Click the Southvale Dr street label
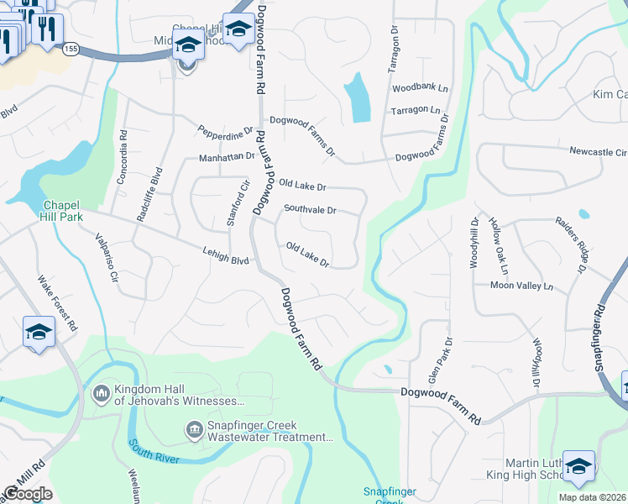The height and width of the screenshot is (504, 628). pyautogui.click(x=310, y=210)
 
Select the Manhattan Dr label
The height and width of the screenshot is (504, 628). pyautogui.click(x=227, y=156)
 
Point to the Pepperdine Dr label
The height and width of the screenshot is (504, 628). pyautogui.click(x=225, y=132)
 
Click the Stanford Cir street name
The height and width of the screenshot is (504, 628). pyautogui.click(x=238, y=202)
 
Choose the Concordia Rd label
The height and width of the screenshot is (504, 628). pyautogui.click(x=123, y=157)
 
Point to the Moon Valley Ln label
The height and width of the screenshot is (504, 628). pyautogui.click(x=522, y=286)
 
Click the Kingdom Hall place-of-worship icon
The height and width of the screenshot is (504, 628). pyautogui.click(x=102, y=392)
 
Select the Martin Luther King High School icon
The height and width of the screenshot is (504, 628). pyautogui.click(x=578, y=466)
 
